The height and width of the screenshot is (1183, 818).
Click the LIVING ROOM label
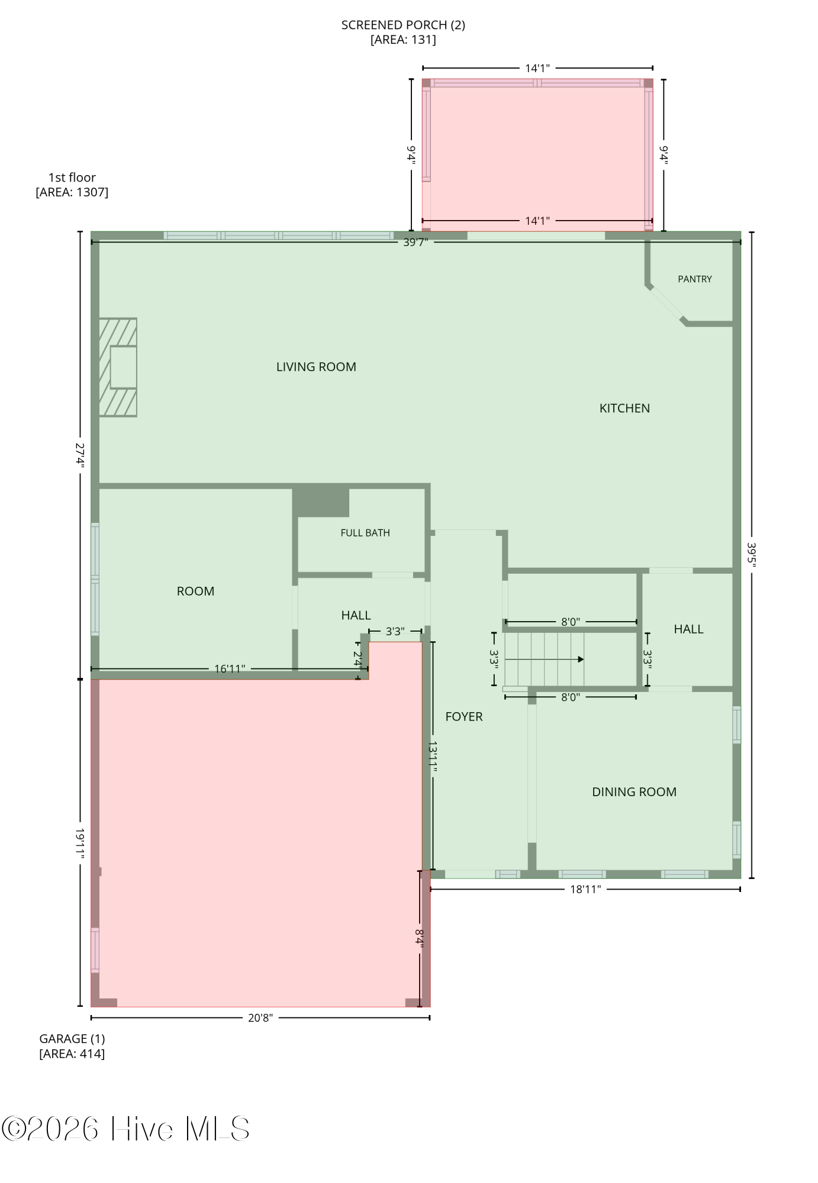(316, 367)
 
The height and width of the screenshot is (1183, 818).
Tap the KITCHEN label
(624, 408)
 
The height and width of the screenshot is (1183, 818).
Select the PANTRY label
(695, 279)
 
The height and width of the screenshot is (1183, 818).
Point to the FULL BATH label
(365, 533)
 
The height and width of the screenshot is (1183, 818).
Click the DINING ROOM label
(634, 792)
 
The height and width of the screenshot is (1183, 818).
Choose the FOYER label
(464, 717)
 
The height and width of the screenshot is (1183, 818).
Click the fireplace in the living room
(118, 367)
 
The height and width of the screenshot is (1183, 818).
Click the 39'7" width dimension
(416, 243)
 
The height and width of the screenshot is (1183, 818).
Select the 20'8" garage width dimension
(260, 1018)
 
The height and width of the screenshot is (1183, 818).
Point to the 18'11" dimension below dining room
(585, 889)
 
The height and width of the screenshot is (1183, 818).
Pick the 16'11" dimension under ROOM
(230, 669)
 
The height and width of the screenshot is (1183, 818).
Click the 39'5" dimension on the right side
(752, 555)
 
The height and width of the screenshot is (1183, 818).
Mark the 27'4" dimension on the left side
(80, 455)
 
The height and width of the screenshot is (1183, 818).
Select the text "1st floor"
(72, 177)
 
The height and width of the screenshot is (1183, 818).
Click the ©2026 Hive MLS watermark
(125, 1129)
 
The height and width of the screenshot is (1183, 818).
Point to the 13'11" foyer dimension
(433, 757)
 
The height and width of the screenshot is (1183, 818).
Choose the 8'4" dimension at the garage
(420, 939)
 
